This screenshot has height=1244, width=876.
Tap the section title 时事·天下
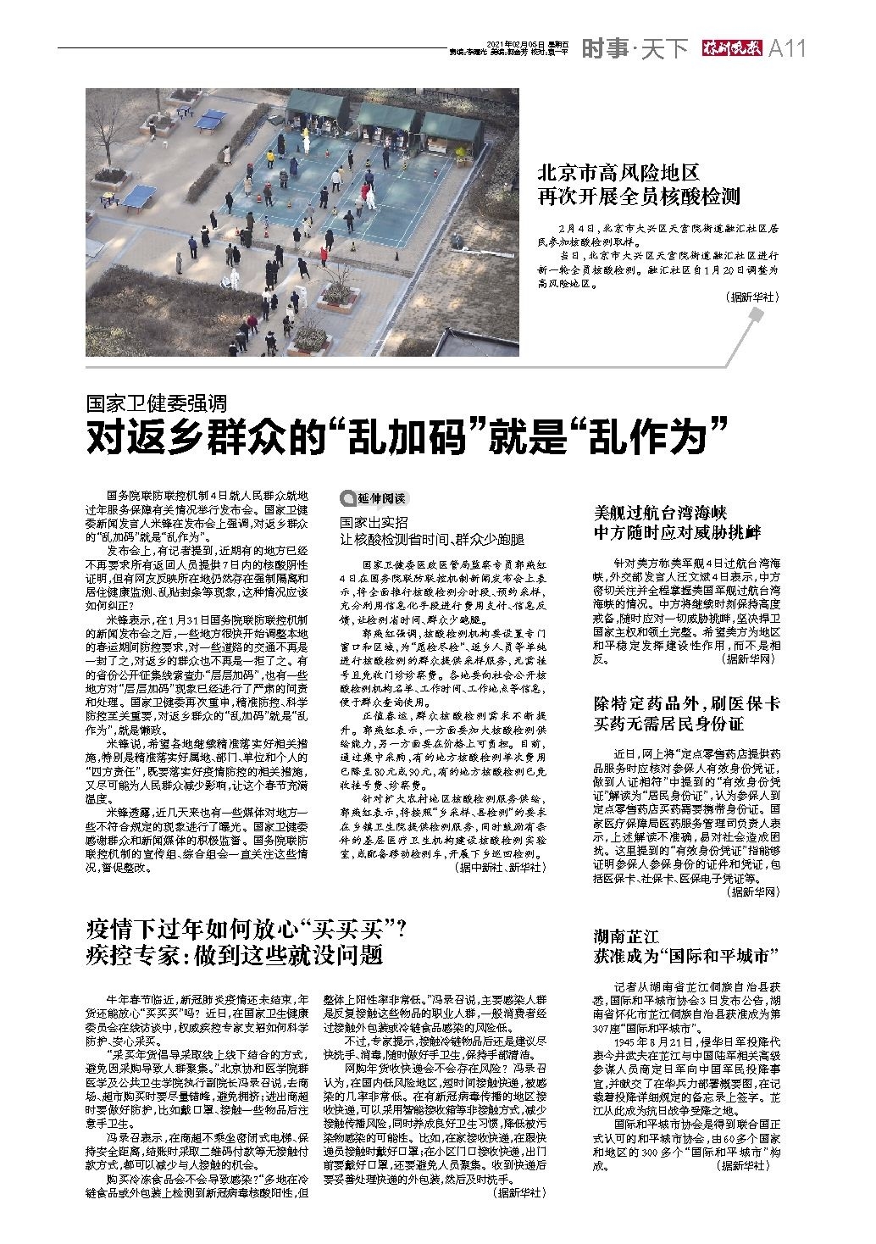[634, 49]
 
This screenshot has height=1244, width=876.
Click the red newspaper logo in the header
[728, 49]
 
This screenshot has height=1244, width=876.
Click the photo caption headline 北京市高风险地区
[619, 174]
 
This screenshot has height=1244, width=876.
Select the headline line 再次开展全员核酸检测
[640, 197]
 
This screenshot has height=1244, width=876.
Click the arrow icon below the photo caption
[757, 315]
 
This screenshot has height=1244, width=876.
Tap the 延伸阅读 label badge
[373, 498]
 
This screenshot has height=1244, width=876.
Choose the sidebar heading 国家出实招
[374, 523]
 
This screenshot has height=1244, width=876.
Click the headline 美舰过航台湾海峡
[660, 512]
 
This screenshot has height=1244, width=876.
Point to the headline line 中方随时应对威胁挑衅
[677, 532]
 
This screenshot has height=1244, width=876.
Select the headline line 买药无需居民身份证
[668, 723]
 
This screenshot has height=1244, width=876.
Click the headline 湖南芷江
[625, 936]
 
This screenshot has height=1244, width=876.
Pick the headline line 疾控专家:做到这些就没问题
[235, 956]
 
